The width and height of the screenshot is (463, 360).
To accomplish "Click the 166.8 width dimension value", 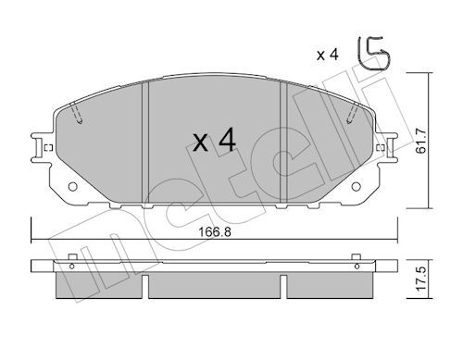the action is (x=215, y=231).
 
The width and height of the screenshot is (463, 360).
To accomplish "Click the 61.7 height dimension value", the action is (x=420, y=141).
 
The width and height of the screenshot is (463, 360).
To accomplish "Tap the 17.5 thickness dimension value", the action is (x=420, y=279).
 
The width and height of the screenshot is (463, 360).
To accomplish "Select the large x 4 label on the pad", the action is (x=214, y=141).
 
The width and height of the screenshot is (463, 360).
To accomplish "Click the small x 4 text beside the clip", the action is (x=328, y=55).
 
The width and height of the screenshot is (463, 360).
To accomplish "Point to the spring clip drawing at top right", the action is (x=373, y=53).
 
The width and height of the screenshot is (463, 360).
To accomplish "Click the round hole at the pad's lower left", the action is (x=72, y=186).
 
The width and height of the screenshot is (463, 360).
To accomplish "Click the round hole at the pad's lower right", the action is (x=356, y=186).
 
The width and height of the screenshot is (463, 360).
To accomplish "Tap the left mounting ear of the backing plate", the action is (x=42, y=147).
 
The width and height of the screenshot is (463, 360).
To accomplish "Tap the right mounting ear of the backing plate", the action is (x=387, y=147).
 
